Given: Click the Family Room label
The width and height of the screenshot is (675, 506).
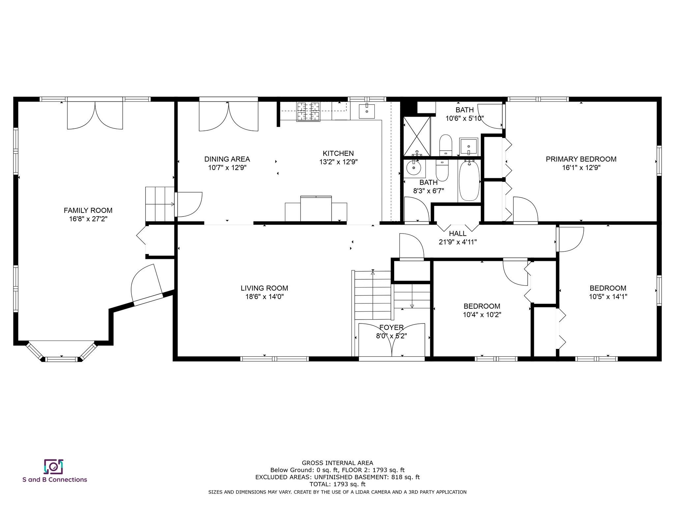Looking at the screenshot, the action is coord(88,210).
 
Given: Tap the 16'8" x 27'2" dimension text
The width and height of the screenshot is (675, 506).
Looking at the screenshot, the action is coord(88,219).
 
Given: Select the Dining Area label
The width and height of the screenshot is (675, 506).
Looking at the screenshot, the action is coord(227,159).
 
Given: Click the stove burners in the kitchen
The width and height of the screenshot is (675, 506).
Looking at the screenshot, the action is coord(308,112).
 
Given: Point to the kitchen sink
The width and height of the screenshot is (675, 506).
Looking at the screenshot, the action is coord(367,111).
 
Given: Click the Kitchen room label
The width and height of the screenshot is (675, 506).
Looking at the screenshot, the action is coord(338,153).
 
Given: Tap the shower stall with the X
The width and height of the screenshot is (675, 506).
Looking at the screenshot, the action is coord(417,136).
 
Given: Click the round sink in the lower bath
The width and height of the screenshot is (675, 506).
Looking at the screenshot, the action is coord(414,168).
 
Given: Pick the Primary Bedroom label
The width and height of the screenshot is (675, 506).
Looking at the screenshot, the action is coord(581,159).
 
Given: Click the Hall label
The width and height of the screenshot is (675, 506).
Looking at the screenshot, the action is coord(458,234).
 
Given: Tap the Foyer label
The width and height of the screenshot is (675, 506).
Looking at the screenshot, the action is coord(392,327).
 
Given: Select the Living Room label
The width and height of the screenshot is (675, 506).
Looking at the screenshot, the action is coord(264,288).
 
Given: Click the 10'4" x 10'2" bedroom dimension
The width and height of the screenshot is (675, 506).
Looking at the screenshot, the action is coord(482,315).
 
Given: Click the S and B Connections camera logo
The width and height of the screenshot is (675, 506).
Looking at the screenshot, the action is coord(53,466).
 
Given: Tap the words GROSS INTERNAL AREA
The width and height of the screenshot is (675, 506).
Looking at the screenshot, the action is coord(337,463).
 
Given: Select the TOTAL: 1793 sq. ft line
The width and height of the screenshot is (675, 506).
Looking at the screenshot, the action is coord(337,484).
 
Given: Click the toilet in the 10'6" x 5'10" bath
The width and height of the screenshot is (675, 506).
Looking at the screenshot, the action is coord(445,145).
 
